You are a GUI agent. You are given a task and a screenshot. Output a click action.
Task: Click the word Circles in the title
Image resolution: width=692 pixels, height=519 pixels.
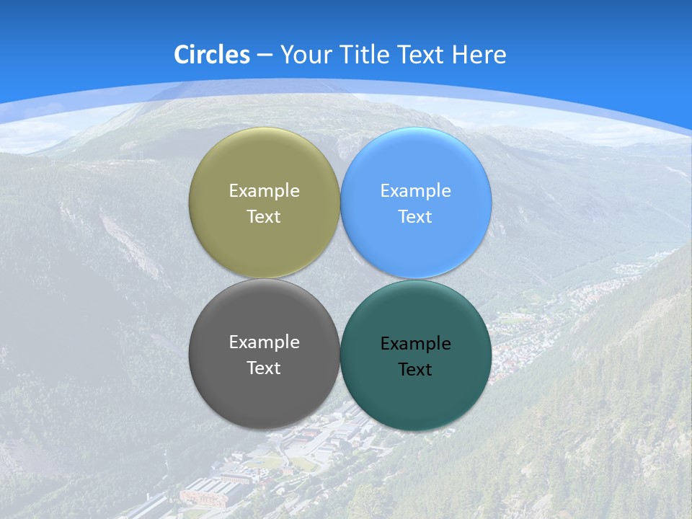click(212, 55)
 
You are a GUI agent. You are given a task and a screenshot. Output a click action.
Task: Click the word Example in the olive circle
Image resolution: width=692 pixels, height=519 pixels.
click(264, 191)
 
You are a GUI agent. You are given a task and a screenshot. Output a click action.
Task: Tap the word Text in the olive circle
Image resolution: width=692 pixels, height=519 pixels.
click(264, 217)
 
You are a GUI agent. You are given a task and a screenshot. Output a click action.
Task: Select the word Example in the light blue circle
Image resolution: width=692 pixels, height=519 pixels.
click(415, 191)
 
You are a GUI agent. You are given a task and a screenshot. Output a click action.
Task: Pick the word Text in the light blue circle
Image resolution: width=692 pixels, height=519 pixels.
click(415, 217)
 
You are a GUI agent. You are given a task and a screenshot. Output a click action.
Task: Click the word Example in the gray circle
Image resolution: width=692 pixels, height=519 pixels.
click(264, 342)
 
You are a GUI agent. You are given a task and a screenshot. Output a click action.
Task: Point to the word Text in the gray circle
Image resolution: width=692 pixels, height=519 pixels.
click(264, 368)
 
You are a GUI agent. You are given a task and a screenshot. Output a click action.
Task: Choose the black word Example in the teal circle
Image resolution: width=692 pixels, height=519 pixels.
click(415, 344)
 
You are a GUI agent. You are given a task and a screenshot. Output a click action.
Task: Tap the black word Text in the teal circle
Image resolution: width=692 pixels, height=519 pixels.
click(415, 370)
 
